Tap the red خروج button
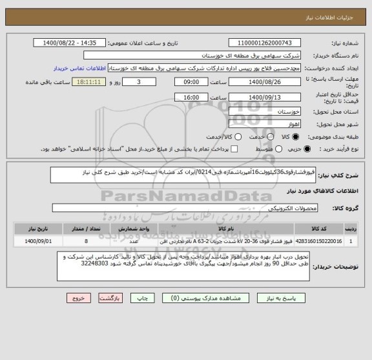[78, 299]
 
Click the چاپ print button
[147, 299]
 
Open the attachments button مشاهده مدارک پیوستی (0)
[201, 299]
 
